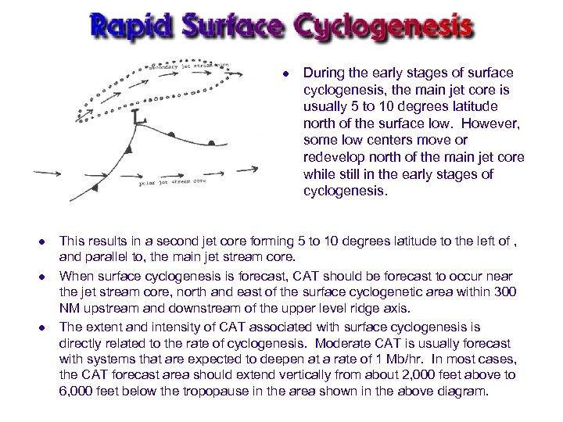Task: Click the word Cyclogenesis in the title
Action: coord(383,27)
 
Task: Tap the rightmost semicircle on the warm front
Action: coord(212,143)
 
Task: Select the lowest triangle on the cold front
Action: coord(95,188)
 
